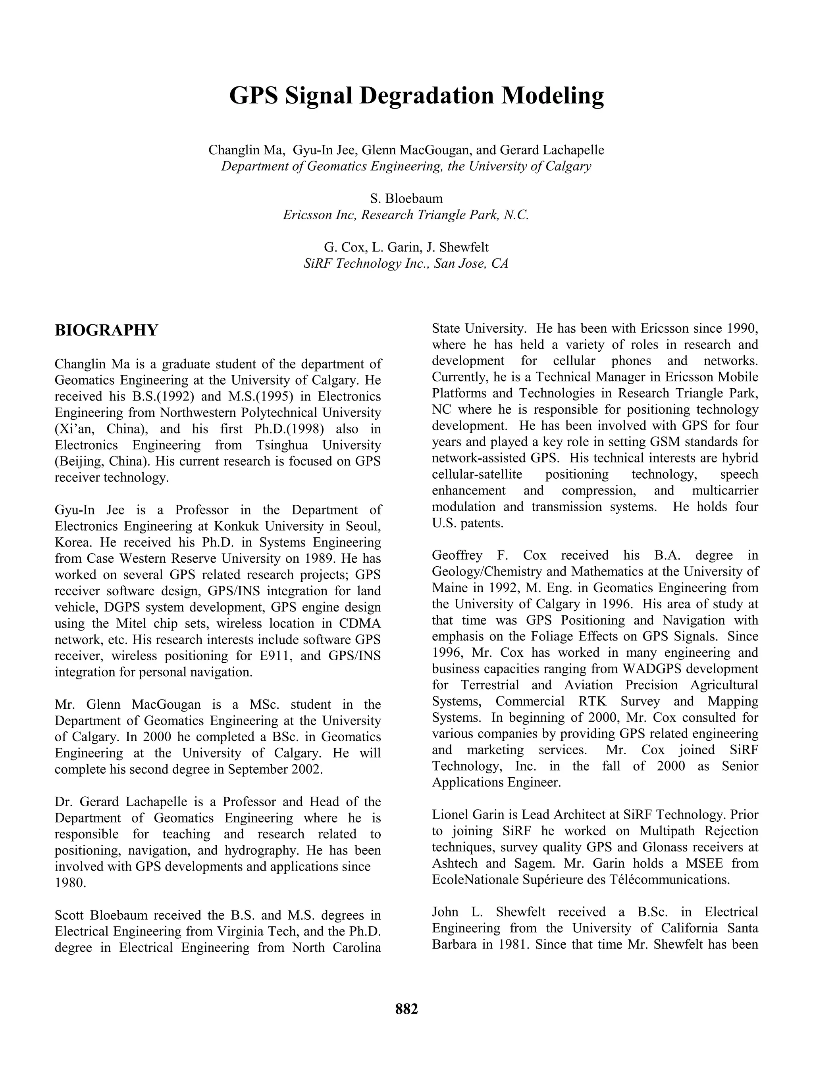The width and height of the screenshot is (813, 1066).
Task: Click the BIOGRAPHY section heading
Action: coord(106,331)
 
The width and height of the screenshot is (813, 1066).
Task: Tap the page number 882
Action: coord(406,1009)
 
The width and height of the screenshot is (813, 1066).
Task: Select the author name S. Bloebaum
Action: coord(406,199)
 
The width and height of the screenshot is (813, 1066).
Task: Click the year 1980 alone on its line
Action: coord(71,883)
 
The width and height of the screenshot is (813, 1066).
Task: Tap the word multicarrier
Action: coord(725,491)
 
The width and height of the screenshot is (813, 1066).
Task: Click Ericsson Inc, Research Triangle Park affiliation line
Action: coord(406,215)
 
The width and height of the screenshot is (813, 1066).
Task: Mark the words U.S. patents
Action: coord(468,523)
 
